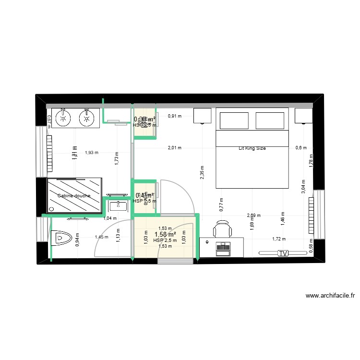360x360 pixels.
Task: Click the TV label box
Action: coord(283,253)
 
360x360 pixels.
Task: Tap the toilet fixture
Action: coord(61,237)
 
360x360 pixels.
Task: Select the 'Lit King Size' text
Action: coord(252,148)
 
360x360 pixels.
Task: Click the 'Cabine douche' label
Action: coord(73,196)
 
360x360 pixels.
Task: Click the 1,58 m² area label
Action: coord(165,234)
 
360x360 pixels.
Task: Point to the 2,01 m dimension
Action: coord(174,148)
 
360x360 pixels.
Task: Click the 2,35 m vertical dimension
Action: coord(202,172)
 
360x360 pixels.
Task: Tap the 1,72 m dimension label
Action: coord(279,239)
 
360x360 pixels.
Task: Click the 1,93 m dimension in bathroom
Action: coord(91,153)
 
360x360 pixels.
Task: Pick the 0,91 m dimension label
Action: coord(175,116)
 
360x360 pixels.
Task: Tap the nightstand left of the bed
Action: coord(203,116)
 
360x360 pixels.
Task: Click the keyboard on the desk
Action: coord(224,247)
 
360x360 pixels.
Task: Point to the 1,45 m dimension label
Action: coord(101,237)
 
